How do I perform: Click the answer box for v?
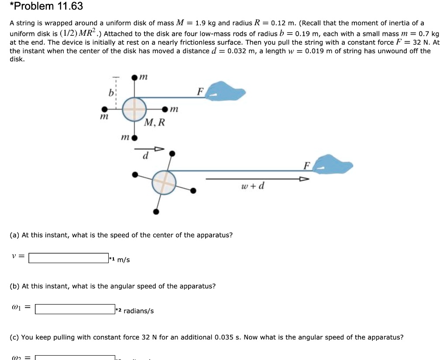(69, 258)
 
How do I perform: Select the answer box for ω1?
(75, 309)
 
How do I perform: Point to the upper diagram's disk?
(134, 109)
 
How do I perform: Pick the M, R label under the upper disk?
(155, 123)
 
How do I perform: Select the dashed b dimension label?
(111, 93)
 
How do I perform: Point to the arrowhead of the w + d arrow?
(304, 179)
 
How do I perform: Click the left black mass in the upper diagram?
(104, 109)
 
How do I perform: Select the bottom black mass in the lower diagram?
(156, 212)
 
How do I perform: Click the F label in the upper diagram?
(200, 92)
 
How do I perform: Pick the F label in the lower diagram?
(307, 165)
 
